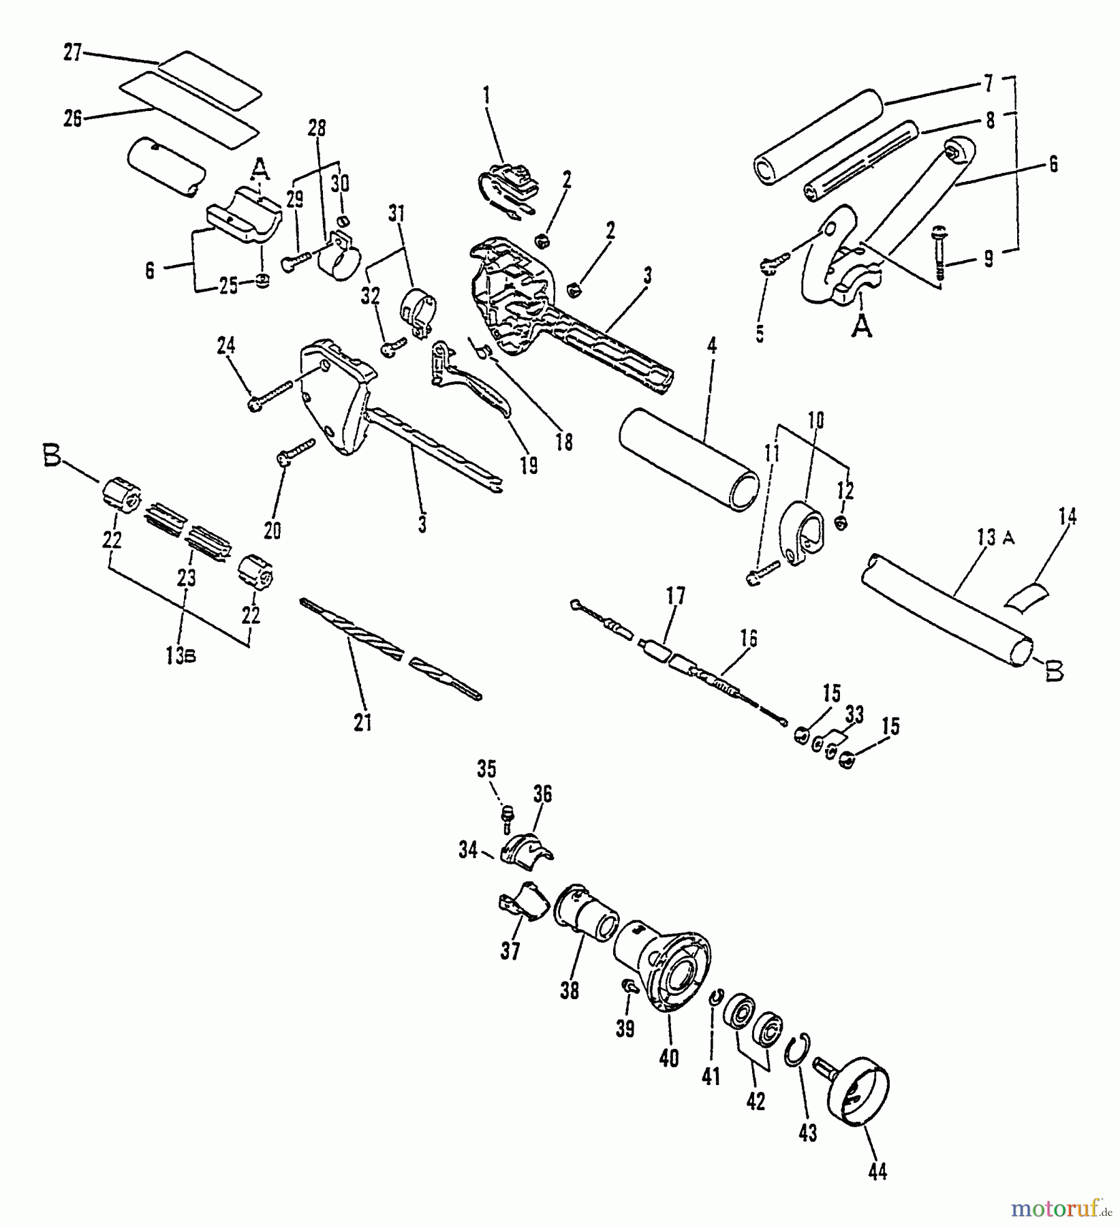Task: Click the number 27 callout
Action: coord(73,52)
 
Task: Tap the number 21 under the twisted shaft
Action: coord(363,721)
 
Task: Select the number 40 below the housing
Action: coord(669,1058)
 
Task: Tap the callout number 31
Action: coord(396,215)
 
